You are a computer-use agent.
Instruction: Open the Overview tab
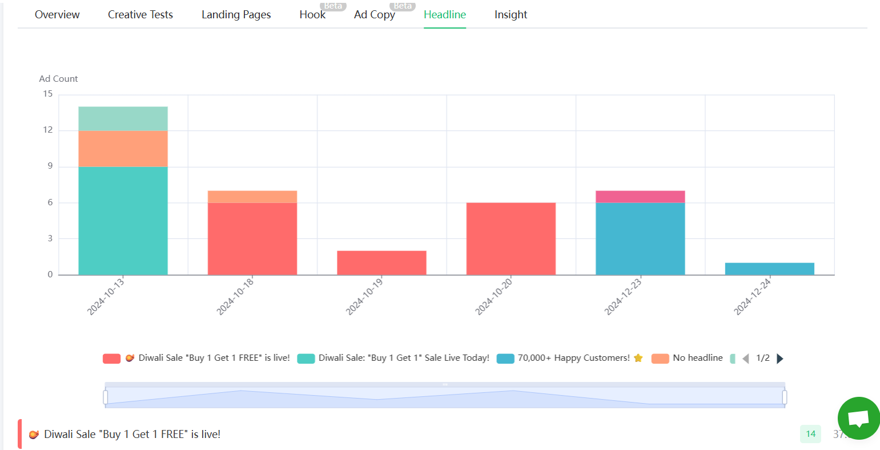tap(57, 15)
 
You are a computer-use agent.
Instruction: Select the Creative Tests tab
tap(140, 15)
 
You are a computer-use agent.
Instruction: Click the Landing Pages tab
tap(236, 15)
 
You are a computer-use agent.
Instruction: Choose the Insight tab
tap(511, 15)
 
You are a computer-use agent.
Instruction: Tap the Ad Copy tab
tap(375, 15)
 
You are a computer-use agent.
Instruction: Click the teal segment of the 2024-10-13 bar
tap(123, 220)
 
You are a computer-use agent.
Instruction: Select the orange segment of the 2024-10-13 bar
tap(123, 149)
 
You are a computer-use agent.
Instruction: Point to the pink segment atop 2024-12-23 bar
tap(640, 197)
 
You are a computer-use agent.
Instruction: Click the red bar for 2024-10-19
tap(381, 262)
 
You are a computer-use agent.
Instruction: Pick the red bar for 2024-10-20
tap(511, 238)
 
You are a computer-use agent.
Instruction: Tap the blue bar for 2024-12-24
tap(769, 269)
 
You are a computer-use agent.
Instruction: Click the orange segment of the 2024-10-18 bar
tap(252, 197)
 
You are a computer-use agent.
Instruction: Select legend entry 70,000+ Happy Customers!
tap(573, 358)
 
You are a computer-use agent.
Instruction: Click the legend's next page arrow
tap(780, 359)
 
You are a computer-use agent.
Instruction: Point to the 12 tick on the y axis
tap(48, 130)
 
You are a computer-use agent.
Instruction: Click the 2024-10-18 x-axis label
tap(235, 296)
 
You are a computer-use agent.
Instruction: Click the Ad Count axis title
tap(58, 79)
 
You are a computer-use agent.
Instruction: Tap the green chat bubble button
tap(858, 419)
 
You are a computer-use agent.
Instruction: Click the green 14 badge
tap(810, 434)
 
